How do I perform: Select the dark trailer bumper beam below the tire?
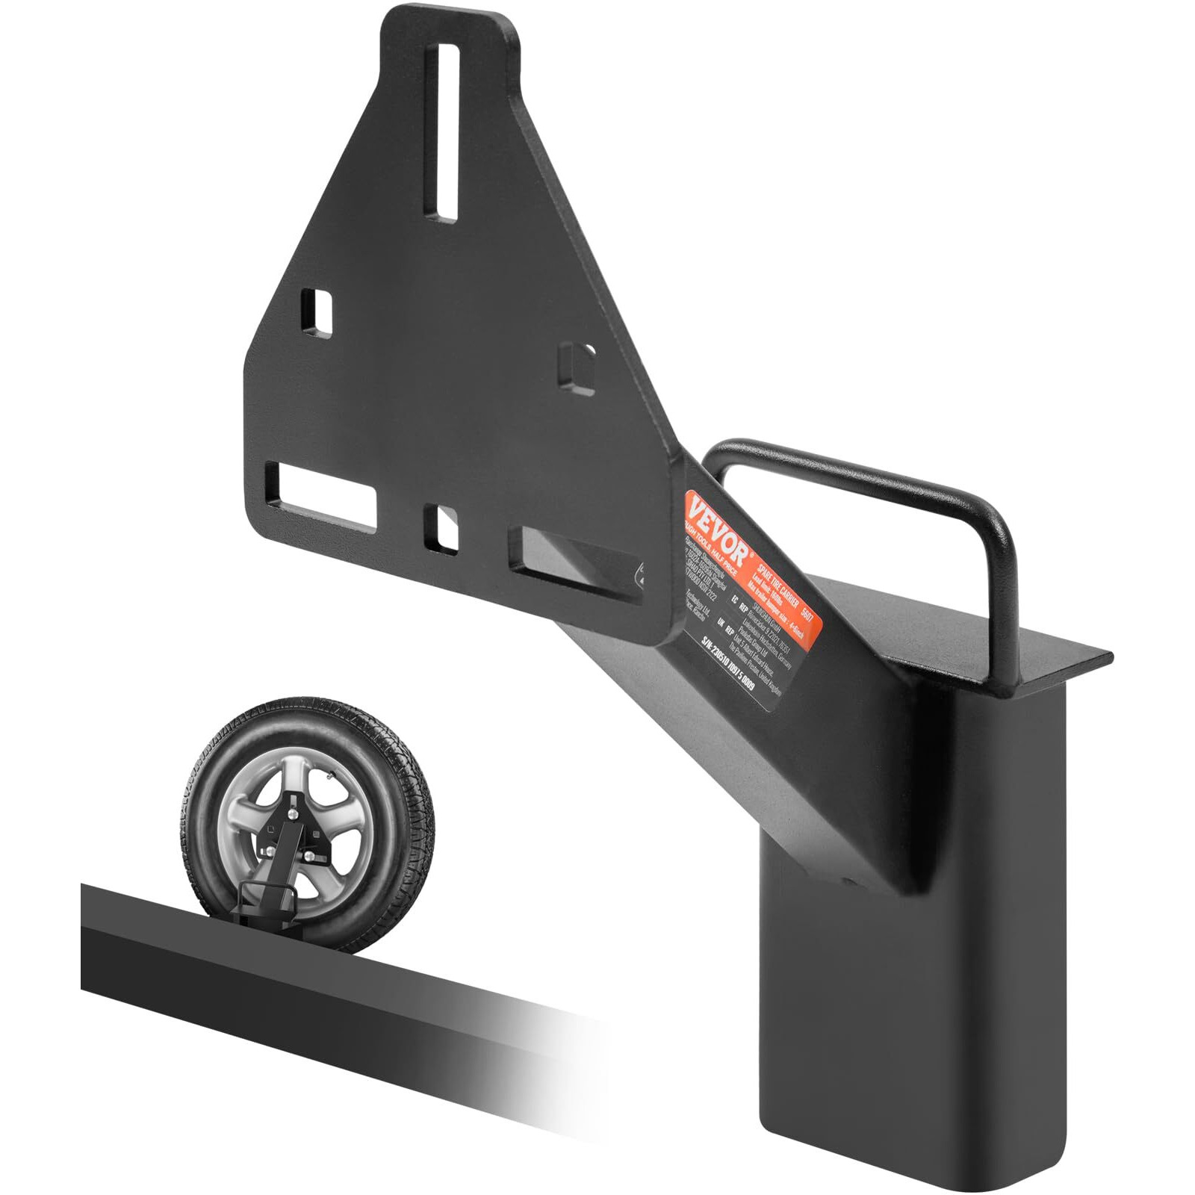[299, 986]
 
